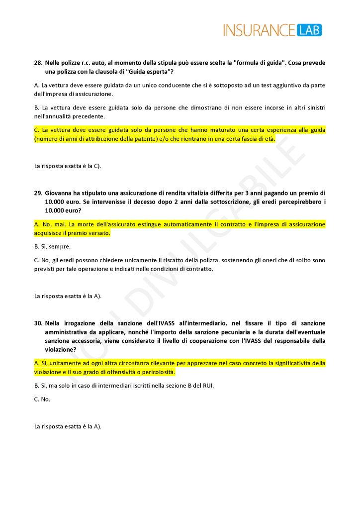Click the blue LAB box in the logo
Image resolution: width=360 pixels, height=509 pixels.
click(309, 30)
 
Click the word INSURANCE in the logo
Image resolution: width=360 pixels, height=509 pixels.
click(259, 30)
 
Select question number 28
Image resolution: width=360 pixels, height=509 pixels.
click(38, 63)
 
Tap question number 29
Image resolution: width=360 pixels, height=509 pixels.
click(38, 193)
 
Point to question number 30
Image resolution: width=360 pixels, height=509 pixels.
click(38, 323)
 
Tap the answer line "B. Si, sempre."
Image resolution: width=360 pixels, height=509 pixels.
click(52, 246)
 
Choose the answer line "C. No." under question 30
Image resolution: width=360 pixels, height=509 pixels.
click(42, 399)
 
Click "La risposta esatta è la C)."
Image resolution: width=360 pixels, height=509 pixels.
click(68, 166)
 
